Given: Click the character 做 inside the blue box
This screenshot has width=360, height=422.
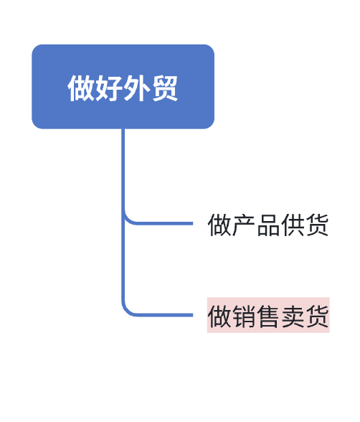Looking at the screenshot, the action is pyautogui.click(x=81, y=88).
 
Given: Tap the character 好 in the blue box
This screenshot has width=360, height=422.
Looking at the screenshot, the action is pyautogui.click(x=108, y=88).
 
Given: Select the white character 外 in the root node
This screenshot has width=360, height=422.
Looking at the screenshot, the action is pyautogui.click(x=136, y=88).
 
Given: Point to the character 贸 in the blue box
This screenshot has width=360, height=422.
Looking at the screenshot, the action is pyautogui.click(x=165, y=88).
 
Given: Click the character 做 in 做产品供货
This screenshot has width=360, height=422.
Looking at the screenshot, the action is pyautogui.click(x=219, y=225).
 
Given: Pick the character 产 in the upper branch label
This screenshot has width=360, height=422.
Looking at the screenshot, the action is pyautogui.click(x=244, y=225).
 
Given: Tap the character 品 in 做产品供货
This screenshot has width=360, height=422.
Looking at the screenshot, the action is pyautogui.click(x=268, y=225).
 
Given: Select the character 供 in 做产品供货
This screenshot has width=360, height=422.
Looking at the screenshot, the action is pyautogui.click(x=293, y=225).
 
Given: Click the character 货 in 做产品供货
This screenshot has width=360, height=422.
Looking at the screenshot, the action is pyautogui.click(x=317, y=225).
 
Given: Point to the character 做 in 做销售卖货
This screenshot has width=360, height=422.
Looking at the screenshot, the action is pyautogui.click(x=219, y=316).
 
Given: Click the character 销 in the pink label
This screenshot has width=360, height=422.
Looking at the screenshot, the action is pyautogui.click(x=244, y=316).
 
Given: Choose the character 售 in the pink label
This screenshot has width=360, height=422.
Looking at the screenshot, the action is pyautogui.click(x=268, y=316).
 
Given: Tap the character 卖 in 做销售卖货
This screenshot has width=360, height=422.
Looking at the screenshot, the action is pyautogui.click(x=293, y=316).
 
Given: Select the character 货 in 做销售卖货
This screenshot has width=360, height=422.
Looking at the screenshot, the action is pyautogui.click(x=317, y=316).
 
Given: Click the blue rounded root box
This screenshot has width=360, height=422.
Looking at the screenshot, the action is pyautogui.click(x=123, y=87).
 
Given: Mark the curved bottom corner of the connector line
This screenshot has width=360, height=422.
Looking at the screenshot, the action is pyautogui.click(x=126, y=311).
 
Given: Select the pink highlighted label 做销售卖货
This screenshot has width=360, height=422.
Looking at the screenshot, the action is pyautogui.click(x=268, y=315).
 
